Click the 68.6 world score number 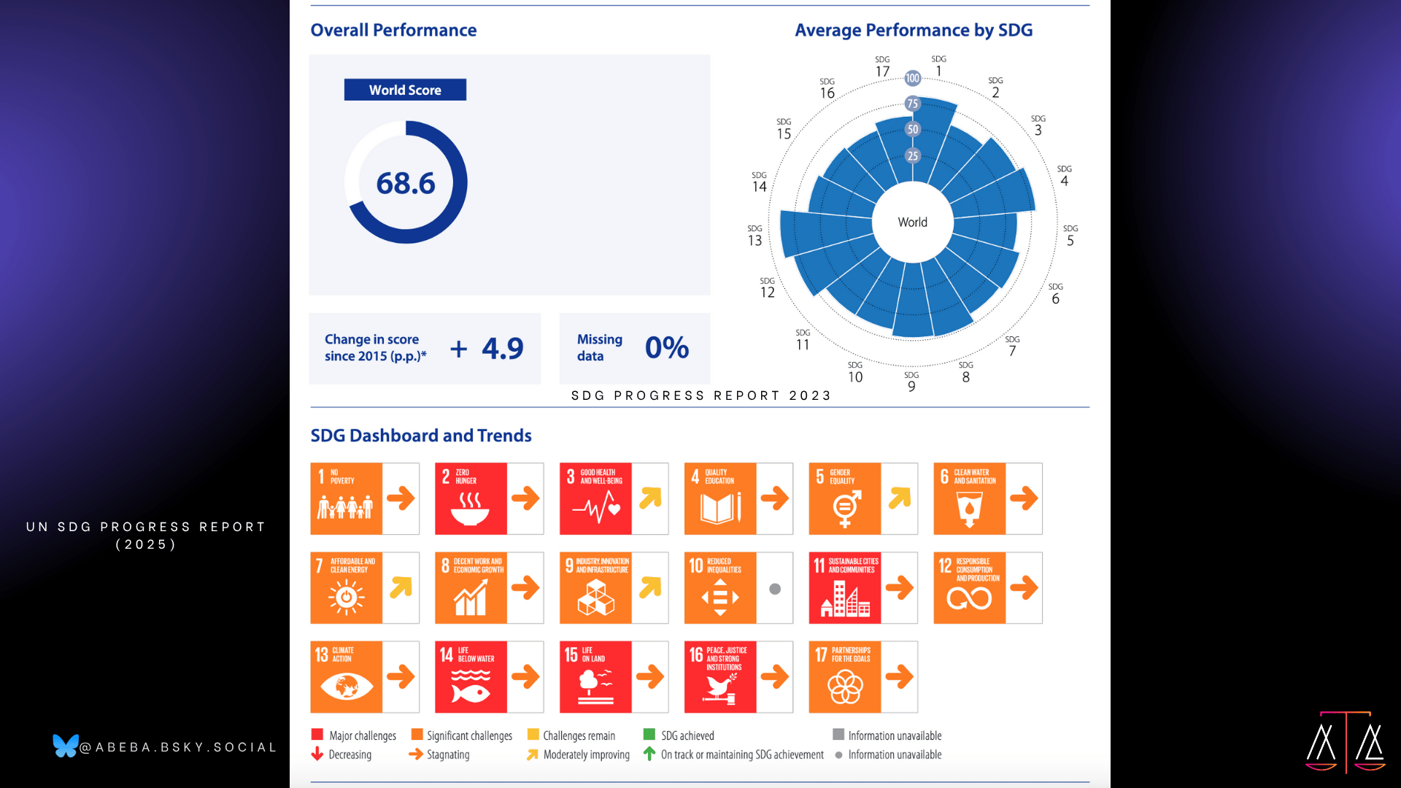click(405, 183)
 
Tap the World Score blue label click(405, 90)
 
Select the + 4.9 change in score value click(487, 349)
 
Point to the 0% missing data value click(666, 348)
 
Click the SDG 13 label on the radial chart click(754, 236)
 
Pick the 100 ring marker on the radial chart click(912, 78)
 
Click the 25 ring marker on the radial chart click(912, 155)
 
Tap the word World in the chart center click(912, 222)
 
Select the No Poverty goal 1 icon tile click(346, 498)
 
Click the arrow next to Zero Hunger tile click(525, 498)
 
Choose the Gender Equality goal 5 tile click(845, 498)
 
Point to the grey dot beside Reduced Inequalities click(775, 589)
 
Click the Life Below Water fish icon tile click(471, 677)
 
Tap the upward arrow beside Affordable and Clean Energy click(401, 587)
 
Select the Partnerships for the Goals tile click(845, 677)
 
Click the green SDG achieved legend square click(649, 735)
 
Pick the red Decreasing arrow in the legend click(317, 754)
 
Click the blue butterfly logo click(65, 746)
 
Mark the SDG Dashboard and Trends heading click(421, 436)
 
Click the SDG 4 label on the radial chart click(1065, 177)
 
